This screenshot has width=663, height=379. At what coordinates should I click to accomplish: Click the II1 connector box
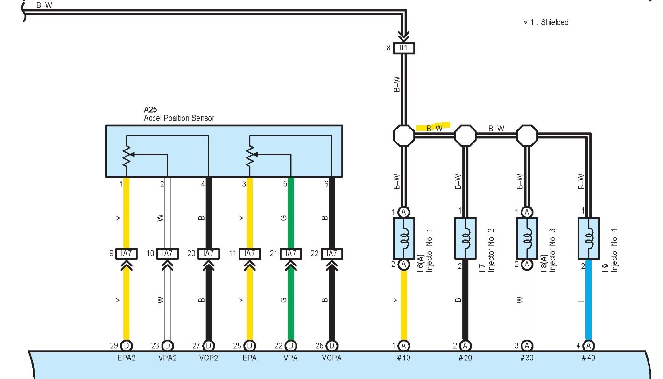click(404, 48)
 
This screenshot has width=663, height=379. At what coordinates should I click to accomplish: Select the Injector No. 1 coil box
click(404, 238)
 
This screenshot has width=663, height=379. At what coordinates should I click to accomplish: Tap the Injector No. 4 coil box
click(589, 238)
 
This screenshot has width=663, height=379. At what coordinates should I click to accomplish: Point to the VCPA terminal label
click(332, 358)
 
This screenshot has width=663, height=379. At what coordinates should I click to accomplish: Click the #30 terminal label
click(527, 358)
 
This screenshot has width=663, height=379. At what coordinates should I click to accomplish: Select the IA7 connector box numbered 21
click(291, 254)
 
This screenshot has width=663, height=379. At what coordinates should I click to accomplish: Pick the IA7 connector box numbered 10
click(167, 254)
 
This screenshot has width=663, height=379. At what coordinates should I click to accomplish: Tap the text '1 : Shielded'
click(548, 22)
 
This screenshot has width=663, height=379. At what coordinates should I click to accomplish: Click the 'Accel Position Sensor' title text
click(179, 118)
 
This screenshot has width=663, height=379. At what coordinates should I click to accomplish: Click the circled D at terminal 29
click(126, 346)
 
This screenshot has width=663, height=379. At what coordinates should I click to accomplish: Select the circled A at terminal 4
click(589, 346)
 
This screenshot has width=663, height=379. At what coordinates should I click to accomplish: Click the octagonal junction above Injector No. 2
click(465, 136)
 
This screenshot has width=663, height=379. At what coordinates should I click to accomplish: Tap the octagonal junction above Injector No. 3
click(527, 136)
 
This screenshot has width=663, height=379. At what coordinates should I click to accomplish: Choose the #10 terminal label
click(404, 358)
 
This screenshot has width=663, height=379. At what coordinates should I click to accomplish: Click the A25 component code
click(150, 110)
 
